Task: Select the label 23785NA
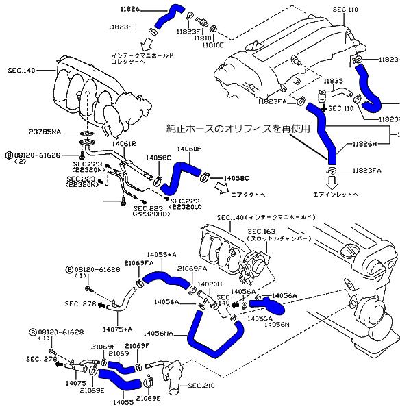pyautogui.click(x=45, y=132)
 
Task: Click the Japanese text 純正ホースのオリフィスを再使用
pyautogui.click(x=238, y=128)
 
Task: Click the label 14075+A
pyautogui.click(x=117, y=329)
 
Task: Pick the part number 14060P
pyautogui.click(x=189, y=149)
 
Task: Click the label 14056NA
pyautogui.click(x=159, y=334)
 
